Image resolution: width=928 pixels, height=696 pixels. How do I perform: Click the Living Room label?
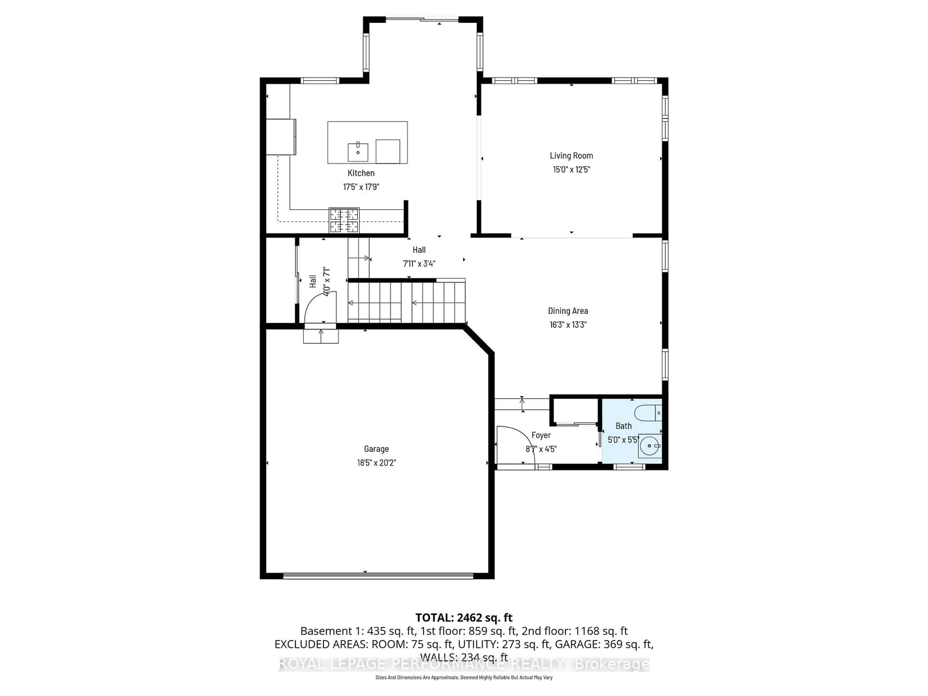(x=571, y=156)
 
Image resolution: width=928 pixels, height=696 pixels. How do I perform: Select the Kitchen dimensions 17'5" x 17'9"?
(x=361, y=187)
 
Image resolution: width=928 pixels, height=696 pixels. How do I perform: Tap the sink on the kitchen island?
(x=358, y=152)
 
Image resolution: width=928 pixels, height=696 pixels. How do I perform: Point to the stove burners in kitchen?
(x=344, y=220)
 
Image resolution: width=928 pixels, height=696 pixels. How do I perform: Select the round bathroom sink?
(x=649, y=446)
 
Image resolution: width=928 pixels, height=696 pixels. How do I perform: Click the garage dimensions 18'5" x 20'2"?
(x=376, y=463)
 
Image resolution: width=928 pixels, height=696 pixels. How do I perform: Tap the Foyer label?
(x=541, y=435)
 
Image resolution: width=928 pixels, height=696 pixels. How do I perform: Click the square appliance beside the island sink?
(x=388, y=152)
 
